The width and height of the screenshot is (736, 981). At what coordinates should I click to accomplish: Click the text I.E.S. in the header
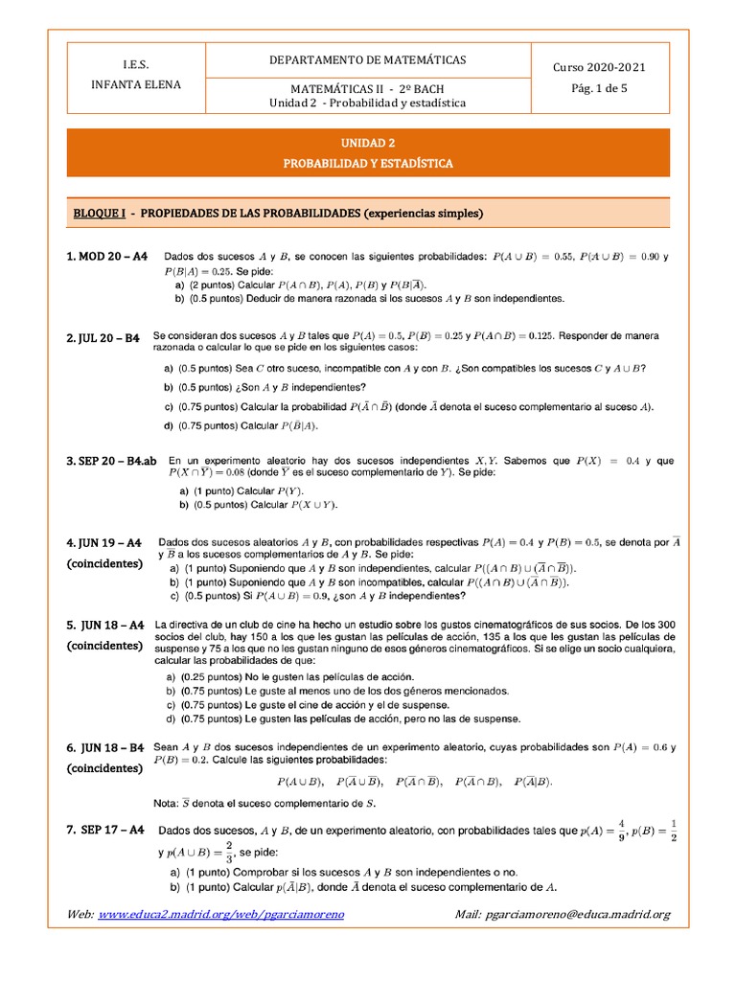pyautogui.click(x=136, y=63)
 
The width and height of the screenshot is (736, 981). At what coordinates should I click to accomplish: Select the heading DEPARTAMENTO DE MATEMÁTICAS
pyautogui.click(x=368, y=59)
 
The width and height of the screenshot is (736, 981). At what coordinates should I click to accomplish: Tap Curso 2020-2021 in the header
pyautogui.click(x=599, y=67)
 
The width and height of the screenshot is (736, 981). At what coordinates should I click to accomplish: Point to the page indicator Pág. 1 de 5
pyautogui.click(x=599, y=87)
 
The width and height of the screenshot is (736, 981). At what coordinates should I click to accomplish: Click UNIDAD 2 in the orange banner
pyautogui.click(x=368, y=142)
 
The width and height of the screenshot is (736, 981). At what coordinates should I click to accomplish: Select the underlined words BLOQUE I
pyautogui.click(x=98, y=212)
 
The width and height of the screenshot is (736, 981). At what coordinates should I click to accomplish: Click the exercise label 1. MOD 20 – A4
pyautogui.click(x=107, y=257)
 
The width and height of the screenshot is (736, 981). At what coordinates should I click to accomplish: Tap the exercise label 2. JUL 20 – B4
pyautogui.click(x=103, y=338)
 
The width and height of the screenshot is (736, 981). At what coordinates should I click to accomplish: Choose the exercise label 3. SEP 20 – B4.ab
pyautogui.click(x=111, y=461)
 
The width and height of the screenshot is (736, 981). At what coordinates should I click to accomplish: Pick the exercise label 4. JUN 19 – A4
pyautogui.click(x=105, y=542)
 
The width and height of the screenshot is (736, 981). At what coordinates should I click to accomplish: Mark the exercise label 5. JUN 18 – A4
pyautogui.click(x=105, y=625)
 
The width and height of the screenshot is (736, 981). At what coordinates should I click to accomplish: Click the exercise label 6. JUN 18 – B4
pyautogui.click(x=105, y=747)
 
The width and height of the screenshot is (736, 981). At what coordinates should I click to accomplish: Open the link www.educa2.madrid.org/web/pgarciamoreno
pyautogui.click(x=221, y=915)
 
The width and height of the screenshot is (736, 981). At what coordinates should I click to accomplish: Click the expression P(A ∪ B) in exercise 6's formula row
pyautogui.click(x=300, y=782)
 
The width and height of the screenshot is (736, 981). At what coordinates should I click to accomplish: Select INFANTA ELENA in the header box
pyautogui.click(x=136, y=84)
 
